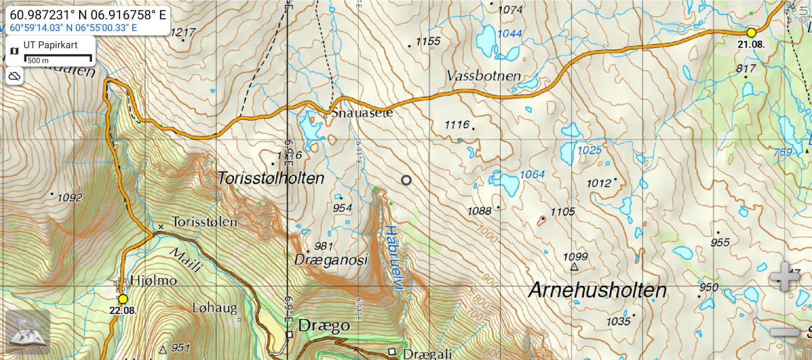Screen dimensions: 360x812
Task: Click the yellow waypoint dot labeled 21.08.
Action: (751, 32)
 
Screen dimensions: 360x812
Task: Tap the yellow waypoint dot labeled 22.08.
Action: (123, 299)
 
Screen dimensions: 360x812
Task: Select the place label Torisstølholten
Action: (270, 178)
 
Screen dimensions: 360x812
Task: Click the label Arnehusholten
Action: (597, 290)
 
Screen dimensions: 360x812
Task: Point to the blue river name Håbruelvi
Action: (394, 258)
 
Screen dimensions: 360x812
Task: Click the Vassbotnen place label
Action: (484, 76)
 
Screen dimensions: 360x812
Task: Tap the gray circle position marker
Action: (406, 180)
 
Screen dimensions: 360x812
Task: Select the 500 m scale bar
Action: (58, 58)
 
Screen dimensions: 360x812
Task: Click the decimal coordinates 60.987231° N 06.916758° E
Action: (88, 15)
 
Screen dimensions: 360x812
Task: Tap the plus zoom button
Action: (785, 277)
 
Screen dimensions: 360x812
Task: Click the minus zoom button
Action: (785, 332)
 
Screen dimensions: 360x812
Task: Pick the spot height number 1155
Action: (428, 41)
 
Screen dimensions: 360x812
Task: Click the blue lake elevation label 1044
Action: (510, 34)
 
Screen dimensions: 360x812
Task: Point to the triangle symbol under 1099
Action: (574, 267)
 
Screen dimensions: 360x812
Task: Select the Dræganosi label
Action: (331, 260)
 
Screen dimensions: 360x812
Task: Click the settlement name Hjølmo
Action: (153, 280)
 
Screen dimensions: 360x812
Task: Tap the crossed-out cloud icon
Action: (14, 76)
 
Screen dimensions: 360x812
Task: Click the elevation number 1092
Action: (70, 198)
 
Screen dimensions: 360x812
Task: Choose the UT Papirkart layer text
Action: (50, 45)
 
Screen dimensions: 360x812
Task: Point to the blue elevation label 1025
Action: (589, 150)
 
